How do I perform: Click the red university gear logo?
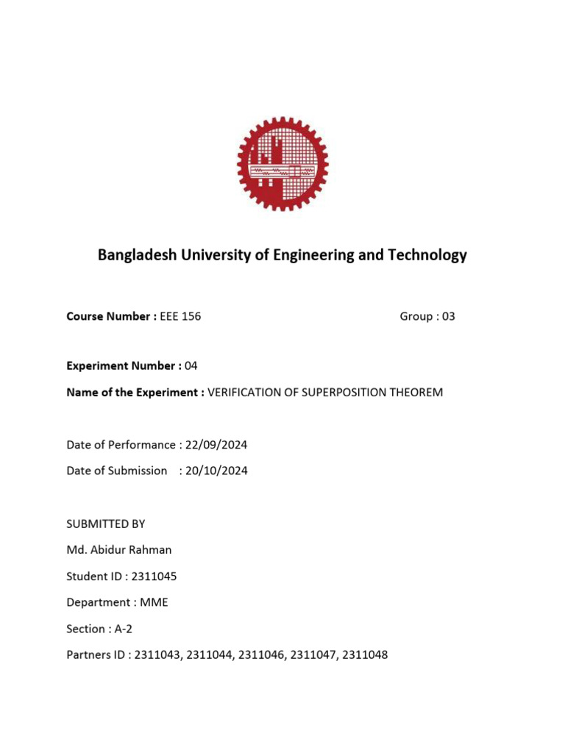(x=282, y=163)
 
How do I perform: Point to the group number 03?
(x=448, y=316)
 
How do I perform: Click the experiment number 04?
(x=191, y=365)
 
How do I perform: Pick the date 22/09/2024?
(x=213, y=444)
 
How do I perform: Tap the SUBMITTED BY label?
(x=106, y=524)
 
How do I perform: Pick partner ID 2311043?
(x=157, y=654)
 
